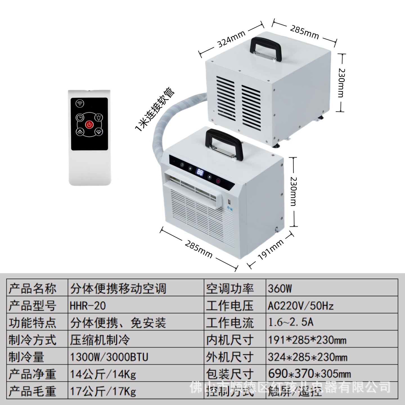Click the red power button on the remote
tap(89, 124)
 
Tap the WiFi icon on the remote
tap(80, 103)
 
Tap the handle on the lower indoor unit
tap(224, 143)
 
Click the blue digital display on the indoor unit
tap(200, 172)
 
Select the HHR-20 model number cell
tap(88, 306)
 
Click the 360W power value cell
tap(280, 289)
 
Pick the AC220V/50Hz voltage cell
tap(301, 306)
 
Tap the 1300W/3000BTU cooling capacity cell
tap(109, 357)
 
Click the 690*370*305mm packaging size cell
tap(309, 374)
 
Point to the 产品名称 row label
tap(32, 289)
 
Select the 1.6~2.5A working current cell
tap(291, 322)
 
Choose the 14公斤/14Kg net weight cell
tap(103, 374)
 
